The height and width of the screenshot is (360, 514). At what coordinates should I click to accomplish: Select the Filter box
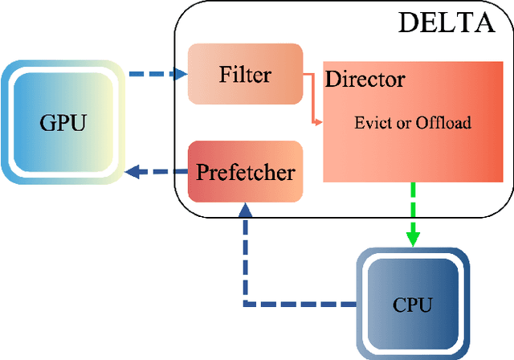pyautogui.click(x=246, y=75)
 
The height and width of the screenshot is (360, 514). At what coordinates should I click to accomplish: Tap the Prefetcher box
pyautogui.click(x=246, y=172)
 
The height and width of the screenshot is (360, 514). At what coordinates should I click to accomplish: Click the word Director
pyautogui.click(x=365, y=80)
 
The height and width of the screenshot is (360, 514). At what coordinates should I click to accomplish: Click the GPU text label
pyautogui.click(x=61, y=123)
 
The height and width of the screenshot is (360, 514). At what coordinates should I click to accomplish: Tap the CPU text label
pyautogui.click(x=412, y=305)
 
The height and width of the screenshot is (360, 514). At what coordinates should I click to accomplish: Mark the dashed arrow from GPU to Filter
pyautogui.click(x=153, y=75)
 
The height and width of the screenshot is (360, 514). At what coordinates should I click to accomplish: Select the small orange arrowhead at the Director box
pyautogui.click(x=320, y=124)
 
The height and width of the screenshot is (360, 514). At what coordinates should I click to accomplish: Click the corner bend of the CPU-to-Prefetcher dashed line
pyautogui.click(x=246, y=305)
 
